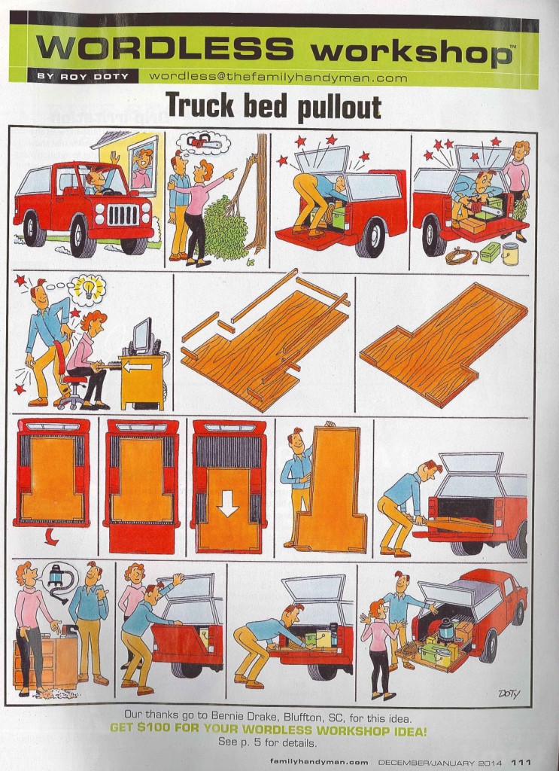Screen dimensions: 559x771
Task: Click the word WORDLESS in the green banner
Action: click(165, 48)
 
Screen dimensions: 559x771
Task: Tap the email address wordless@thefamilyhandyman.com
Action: click(278, 78)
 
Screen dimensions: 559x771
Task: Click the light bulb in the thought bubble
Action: click(89, 290)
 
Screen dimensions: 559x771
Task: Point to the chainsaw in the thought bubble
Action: click(203, 142)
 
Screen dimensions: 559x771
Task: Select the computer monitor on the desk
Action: click(143, 336)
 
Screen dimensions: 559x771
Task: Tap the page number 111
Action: click(521, 763)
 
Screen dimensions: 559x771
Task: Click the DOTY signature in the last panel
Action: click(509, 693)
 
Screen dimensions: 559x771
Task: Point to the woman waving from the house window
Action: click(141, 169)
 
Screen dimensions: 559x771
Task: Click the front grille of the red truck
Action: click(123, 215)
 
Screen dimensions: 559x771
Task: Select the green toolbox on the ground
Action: click(491, 251)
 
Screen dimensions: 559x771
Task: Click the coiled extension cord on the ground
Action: click(460, 256)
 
